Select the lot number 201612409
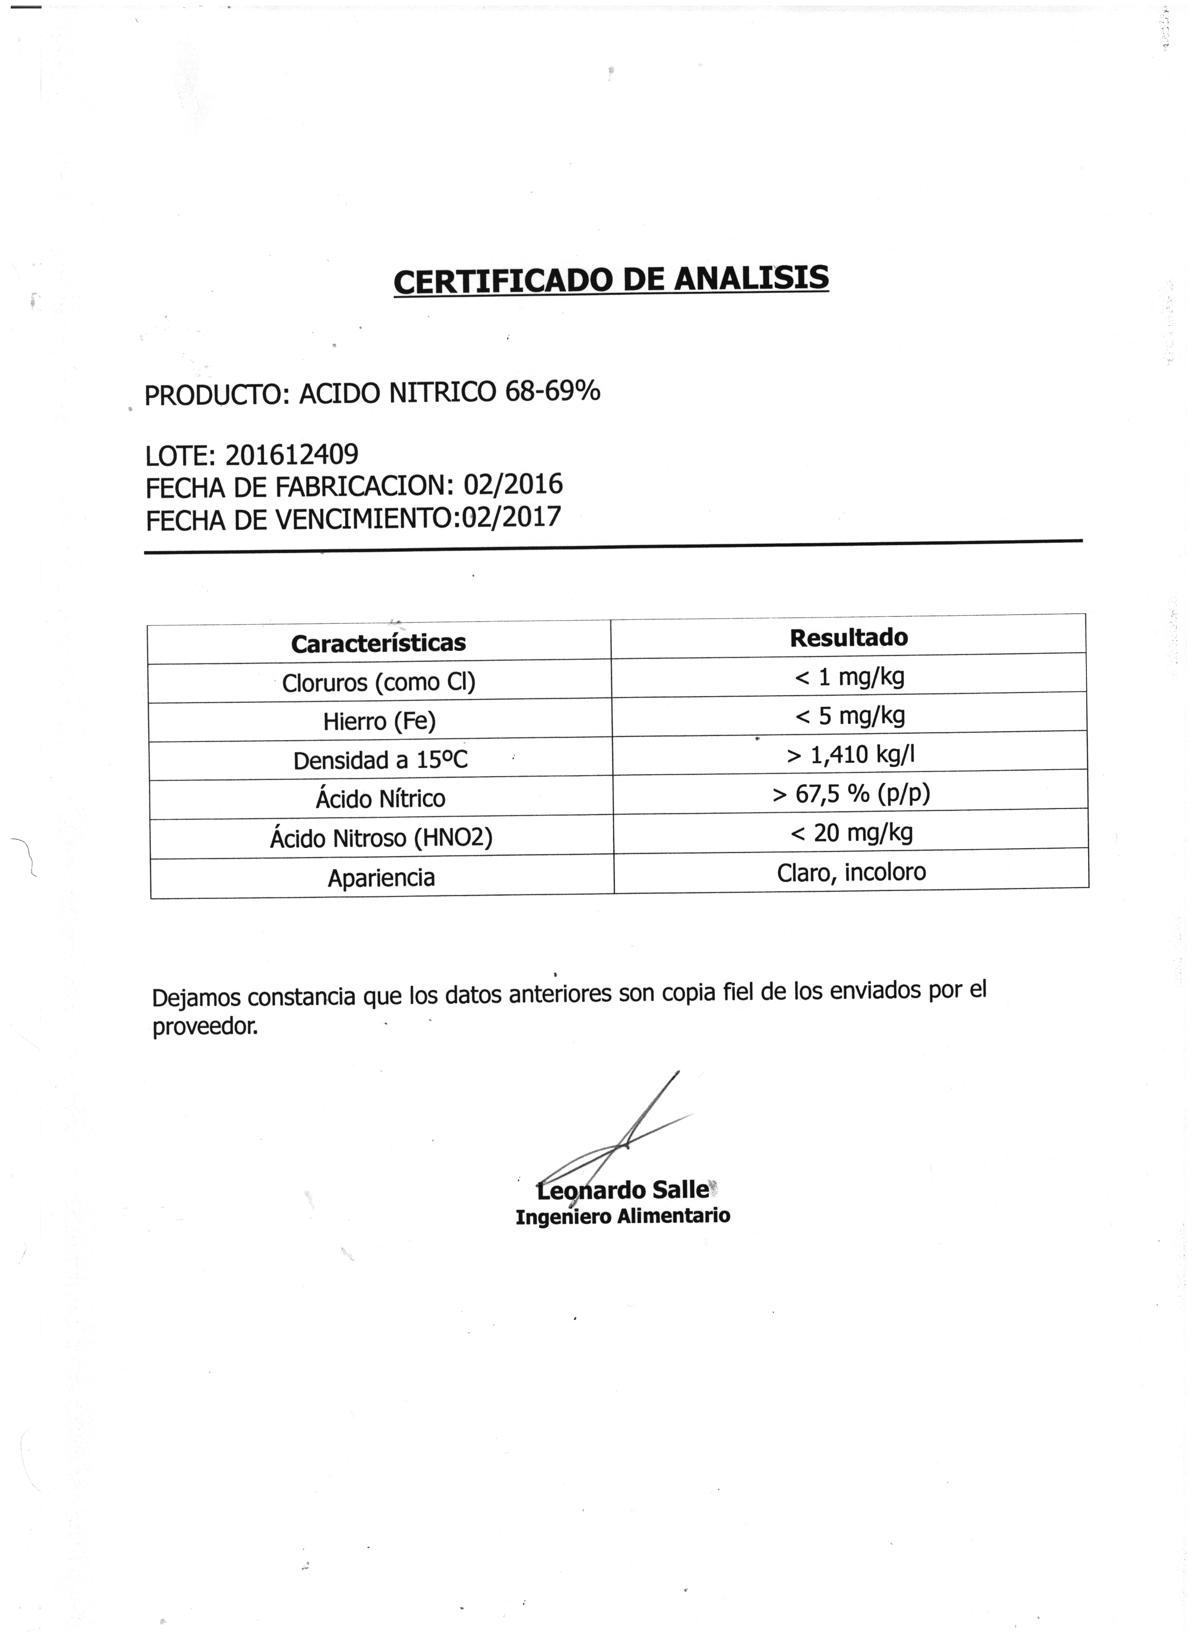pos(292,454)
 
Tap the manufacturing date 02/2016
pos(513,484)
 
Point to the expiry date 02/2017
pos(511,517)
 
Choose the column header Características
pos(378,643)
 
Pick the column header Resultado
pos(849,638)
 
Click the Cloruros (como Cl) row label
pos(378,683)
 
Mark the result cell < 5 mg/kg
pos(850,716)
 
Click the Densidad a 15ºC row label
pos(380,760)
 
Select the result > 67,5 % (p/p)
pos(851,794)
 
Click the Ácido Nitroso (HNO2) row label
pos(381,838)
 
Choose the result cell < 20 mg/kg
pos(851,833)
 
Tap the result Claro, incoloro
pos(851,873)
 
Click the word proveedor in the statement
pos(204,1026)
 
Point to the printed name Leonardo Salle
pos(623,1189)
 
